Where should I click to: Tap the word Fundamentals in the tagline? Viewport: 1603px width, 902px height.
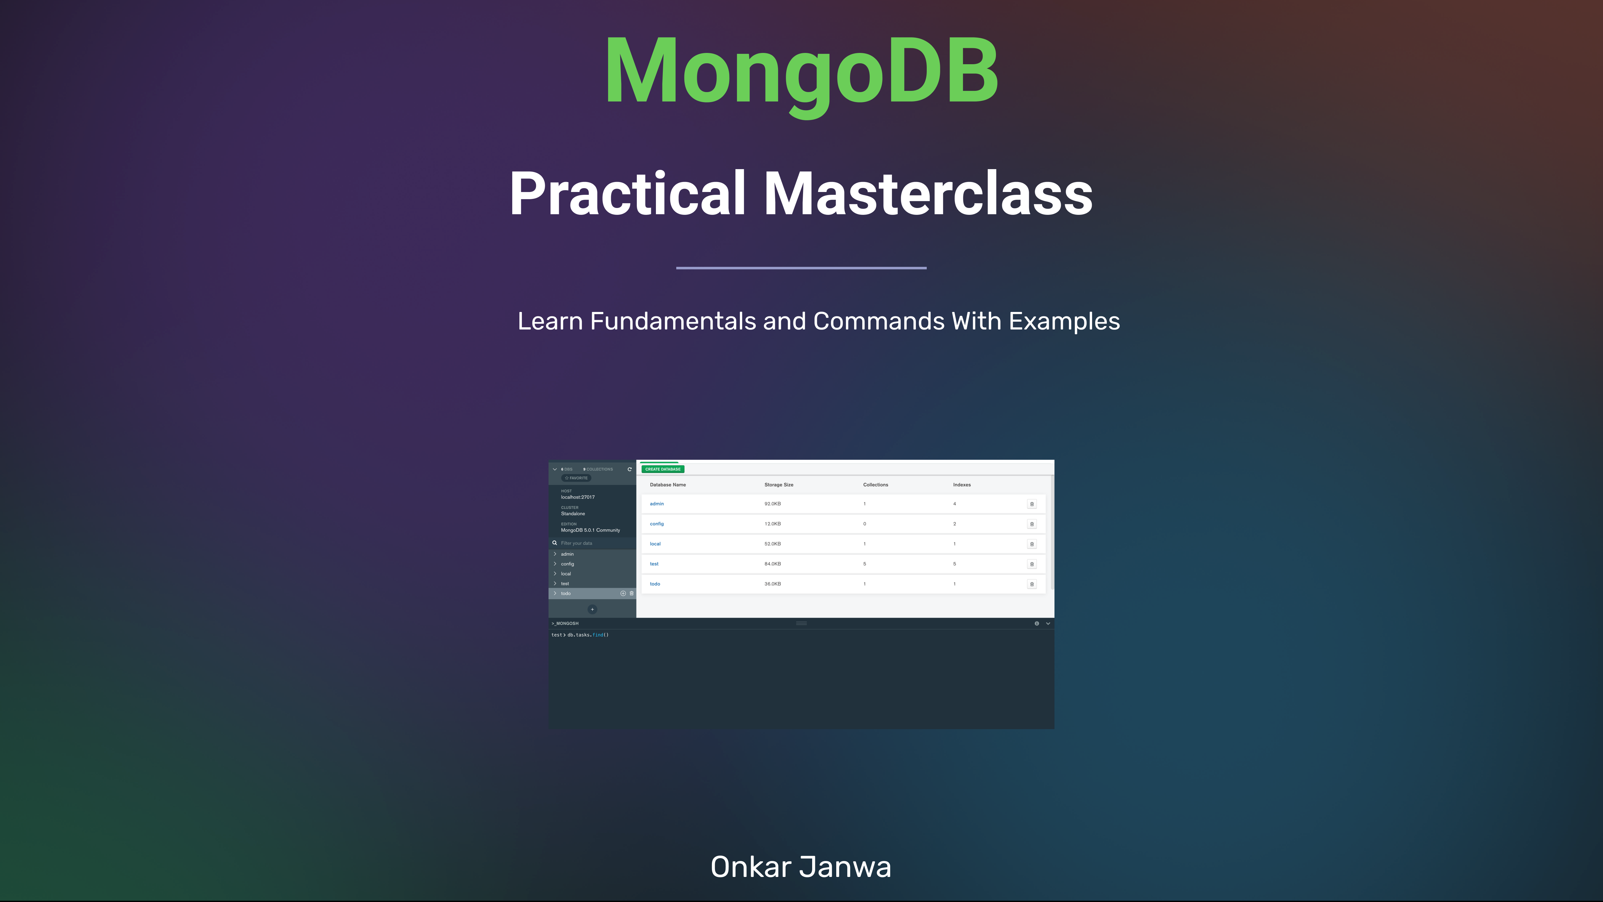pos(673,321)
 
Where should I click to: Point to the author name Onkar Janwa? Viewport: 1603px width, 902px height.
pos(801,867)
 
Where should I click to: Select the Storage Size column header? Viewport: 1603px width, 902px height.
pos(778,484)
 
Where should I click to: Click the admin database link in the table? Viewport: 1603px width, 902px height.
pos(657,504)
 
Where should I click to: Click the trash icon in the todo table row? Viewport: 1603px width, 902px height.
pos(1032,584)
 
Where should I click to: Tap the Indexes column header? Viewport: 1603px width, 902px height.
pos(961,484)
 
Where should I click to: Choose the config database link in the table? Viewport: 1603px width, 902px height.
pos(657,524)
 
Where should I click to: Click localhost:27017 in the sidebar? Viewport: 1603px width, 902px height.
pos(577,497)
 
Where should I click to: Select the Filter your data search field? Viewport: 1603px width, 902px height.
pos(591,543)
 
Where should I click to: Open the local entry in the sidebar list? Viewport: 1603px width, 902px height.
pos(566,573)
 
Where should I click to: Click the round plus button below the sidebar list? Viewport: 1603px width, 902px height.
pos(592,609)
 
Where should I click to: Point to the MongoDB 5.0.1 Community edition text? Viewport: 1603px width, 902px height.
pos(590,530)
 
